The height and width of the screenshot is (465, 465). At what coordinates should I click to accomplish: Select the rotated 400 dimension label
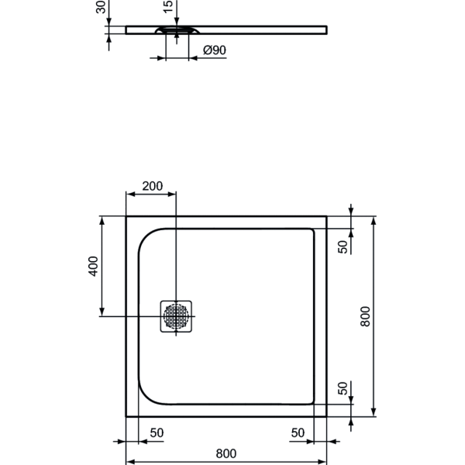click(x=93, y=267)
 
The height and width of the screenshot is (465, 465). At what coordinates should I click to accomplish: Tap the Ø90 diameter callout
click(x=213, y=50)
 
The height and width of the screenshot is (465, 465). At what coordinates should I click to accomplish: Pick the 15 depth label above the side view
click(x=168, y=8)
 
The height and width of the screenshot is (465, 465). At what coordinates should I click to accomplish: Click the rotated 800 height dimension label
click(x=367, y=315)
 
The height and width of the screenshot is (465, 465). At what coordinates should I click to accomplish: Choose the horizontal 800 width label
click(x=226, y=453)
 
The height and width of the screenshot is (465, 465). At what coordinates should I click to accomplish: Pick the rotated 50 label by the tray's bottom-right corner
click(x=343, y=391)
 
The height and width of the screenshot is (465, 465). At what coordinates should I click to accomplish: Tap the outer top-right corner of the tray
click(x=326, y=217)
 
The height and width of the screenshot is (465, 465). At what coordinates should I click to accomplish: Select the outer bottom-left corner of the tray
click(x=126, y=417)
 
